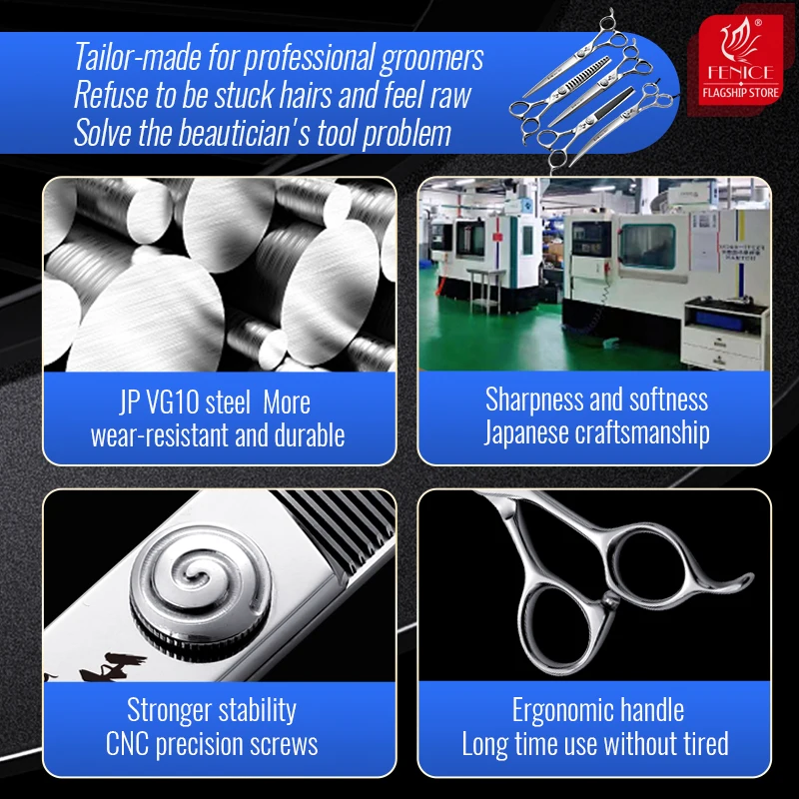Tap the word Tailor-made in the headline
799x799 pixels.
pos(137,57)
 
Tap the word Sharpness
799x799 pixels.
pos(534,400)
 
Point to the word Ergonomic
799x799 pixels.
pos(555,711)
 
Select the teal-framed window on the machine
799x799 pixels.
pos(647,247)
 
